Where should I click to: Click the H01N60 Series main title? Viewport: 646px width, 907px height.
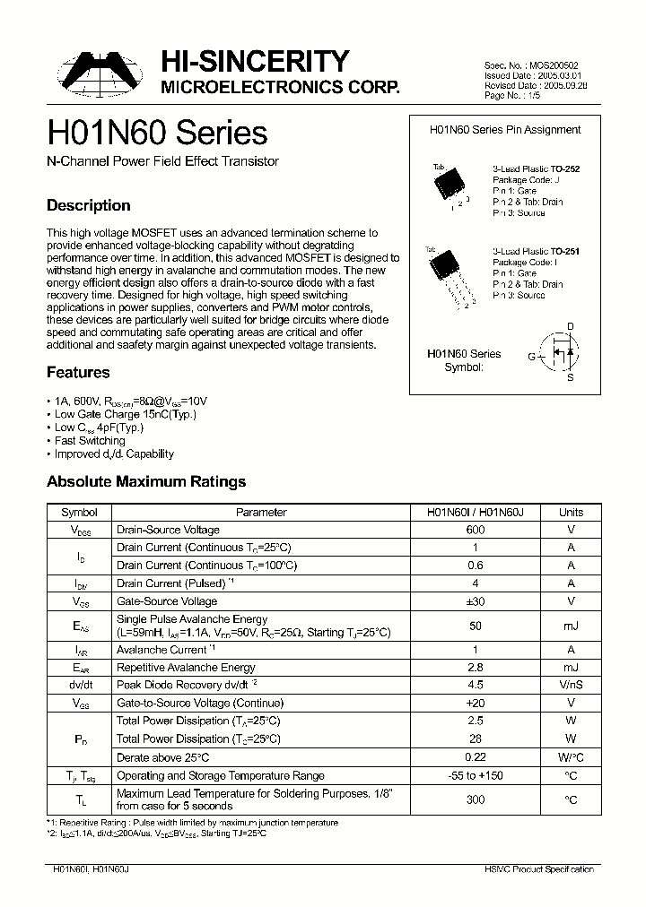click(157, 134)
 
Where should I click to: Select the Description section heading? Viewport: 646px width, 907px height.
click(88, 205)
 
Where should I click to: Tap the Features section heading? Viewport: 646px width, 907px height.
click(78, 372)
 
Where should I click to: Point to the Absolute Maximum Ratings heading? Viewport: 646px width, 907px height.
click(145, 481)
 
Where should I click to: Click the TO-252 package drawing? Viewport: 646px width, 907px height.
click(449, 185)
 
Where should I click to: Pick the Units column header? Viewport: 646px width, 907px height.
click(571, 513)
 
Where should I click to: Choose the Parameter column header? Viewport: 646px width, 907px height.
click(261, 513)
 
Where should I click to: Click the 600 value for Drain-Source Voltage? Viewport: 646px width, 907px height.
click(476, 530)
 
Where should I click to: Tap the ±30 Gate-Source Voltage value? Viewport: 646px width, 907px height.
click(476, 601)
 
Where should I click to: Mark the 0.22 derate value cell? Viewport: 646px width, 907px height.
click(476, 757)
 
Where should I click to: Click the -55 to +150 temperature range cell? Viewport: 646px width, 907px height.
click(476, 775)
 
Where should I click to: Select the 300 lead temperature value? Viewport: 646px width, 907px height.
click(476, 799)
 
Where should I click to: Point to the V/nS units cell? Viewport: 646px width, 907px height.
click(571, 686)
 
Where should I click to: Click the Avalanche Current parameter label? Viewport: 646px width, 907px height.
click(162, 650)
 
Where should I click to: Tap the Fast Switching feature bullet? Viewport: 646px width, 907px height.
click(89, 441)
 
